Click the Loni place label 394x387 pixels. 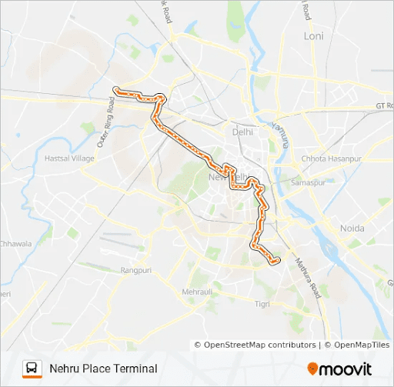tap(314, 35)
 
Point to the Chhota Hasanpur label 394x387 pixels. tap(331, 159)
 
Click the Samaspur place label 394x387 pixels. tap(308, 183)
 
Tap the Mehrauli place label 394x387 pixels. tap(200, 292)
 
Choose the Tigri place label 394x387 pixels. tap(262, 304)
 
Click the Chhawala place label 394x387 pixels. tap(15, 244)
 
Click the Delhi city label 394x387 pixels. tap(242, 132)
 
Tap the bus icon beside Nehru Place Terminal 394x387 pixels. tap(32, 369)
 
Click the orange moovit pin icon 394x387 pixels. tap(312, 369)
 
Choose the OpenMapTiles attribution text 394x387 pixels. tap(358, 345)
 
